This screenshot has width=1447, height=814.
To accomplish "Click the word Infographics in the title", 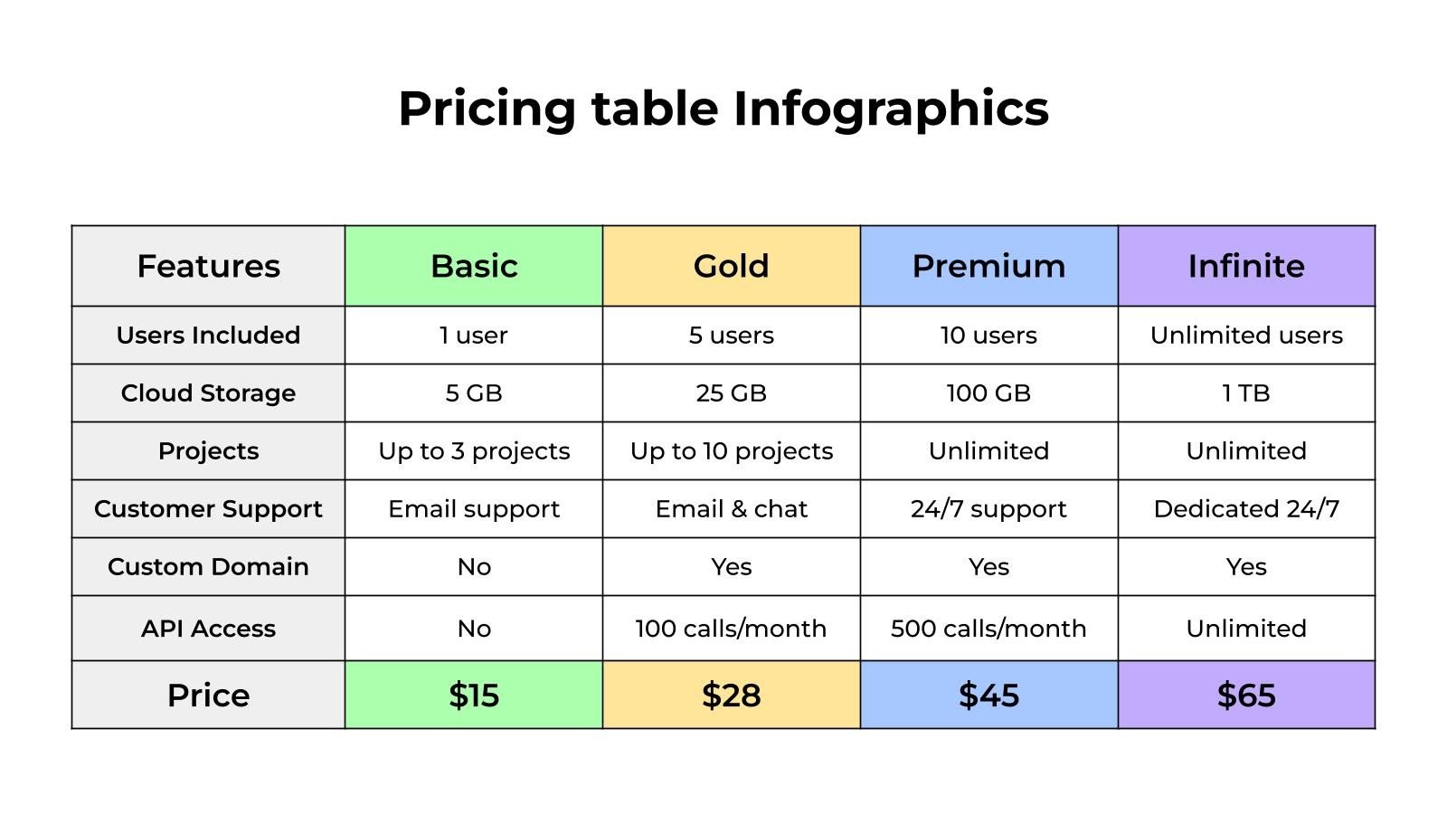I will click(890, 109).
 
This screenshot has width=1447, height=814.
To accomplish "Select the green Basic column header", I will click(474, 266).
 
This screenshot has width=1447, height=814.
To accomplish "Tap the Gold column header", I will click(731, 266).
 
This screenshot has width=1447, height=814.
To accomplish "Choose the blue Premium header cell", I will click(988, 266).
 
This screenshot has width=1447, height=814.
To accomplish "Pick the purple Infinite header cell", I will click(1246, 266).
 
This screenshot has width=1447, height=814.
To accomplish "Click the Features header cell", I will click(208, 266).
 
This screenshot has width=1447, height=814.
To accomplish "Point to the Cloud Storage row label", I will click(208, 393).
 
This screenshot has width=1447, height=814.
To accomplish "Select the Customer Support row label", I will click(208, 508).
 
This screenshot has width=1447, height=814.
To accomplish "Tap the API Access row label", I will click(208, 629).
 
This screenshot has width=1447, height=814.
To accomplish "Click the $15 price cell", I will click(474, 695).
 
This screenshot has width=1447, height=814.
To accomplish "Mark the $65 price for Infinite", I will click(1246, 695).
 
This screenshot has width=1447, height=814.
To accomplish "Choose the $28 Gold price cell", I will click(731, 695).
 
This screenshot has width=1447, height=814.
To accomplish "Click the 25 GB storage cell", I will click(731, 393).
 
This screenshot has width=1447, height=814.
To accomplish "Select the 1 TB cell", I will click(1246, 393).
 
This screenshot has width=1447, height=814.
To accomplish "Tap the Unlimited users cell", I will click(1246, 335).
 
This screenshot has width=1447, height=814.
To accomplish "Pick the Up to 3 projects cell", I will click(474, 450).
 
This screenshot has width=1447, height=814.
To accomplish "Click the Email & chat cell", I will click(731, 508).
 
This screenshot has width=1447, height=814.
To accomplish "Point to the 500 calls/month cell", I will click(988, 629).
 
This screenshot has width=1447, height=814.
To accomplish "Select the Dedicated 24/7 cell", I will click(1246, 508).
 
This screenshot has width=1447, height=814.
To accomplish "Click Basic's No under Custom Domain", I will click(474, 566).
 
